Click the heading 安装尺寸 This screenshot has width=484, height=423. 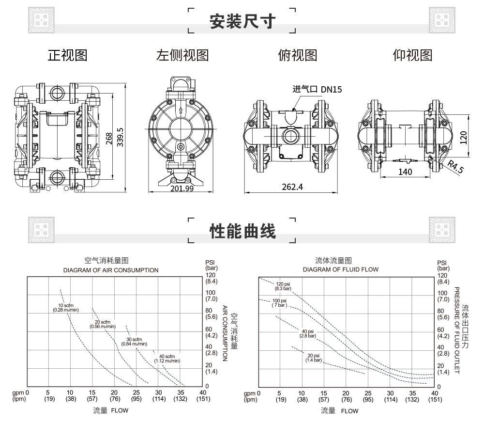point(242,21)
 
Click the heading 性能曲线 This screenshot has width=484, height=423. point(242,231)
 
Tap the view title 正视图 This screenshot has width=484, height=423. point(67,55)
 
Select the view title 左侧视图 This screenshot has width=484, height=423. point(182,55)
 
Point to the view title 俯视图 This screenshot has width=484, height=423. point(297,55)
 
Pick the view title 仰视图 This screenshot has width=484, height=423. point(412,55)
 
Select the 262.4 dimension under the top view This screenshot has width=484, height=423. point(292,187)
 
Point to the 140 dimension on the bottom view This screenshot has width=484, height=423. point(405,172)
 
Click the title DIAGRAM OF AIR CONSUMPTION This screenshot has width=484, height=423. point(111,270)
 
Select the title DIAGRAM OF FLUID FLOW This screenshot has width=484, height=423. point(341,269)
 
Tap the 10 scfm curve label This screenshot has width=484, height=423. point(66,307)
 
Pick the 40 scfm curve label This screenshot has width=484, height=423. point(167,359)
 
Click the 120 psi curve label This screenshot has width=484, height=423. point(283,286)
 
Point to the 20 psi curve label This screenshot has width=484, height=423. point(313,358)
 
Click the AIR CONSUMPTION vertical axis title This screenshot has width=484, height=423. point(225,333)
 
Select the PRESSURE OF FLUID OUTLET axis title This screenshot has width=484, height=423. point(456,330)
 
